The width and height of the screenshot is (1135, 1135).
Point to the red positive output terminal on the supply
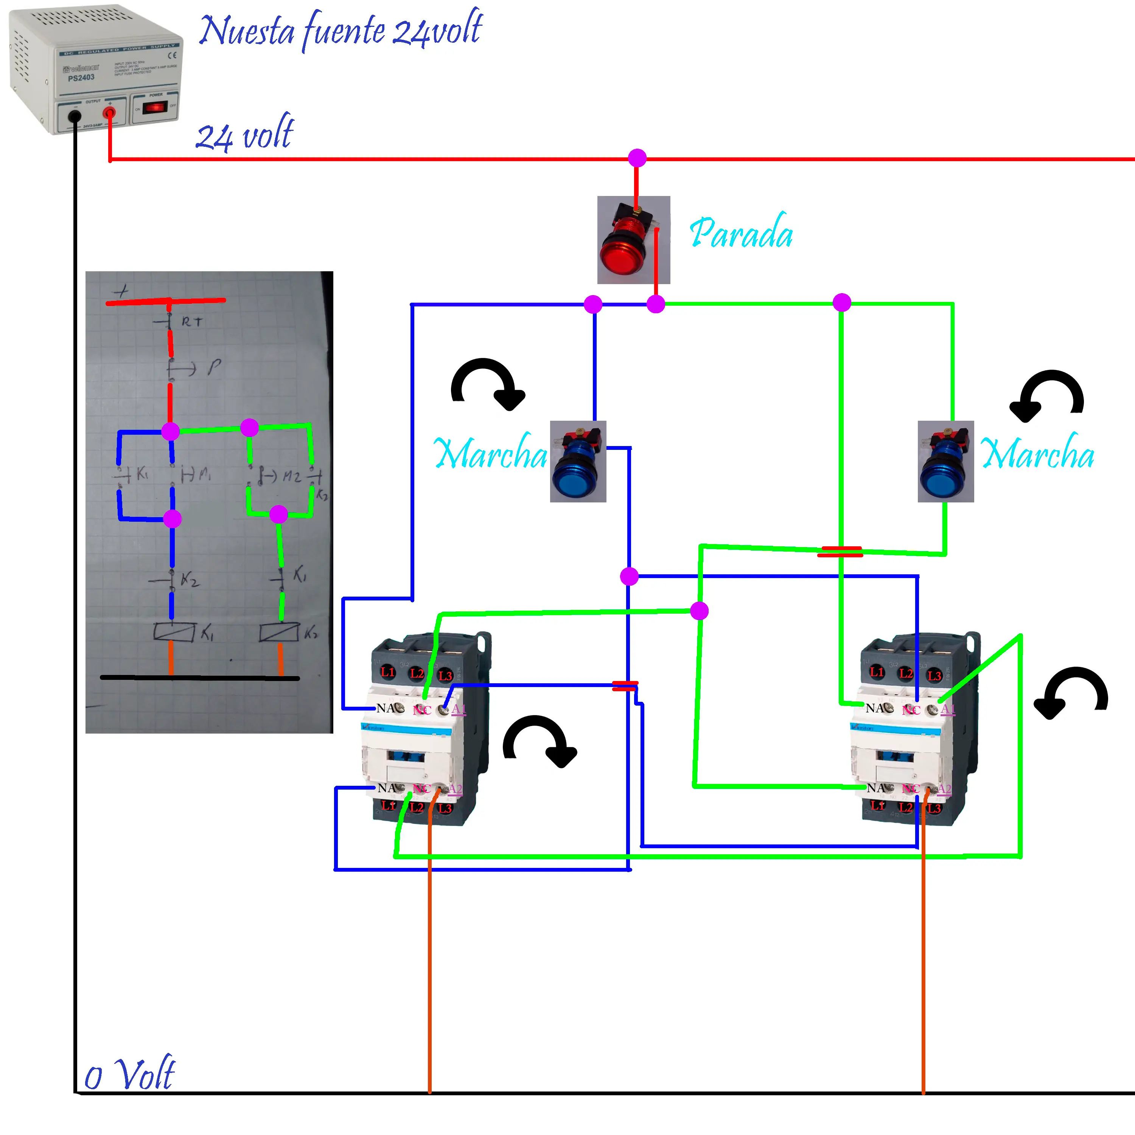click(109, 112)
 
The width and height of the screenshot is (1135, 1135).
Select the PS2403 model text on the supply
click(81, 78)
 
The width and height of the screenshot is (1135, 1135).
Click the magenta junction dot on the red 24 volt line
click(637, 157)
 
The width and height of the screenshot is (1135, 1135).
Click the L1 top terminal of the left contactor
click(388, 672)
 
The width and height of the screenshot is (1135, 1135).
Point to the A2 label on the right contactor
click(944, 788)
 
